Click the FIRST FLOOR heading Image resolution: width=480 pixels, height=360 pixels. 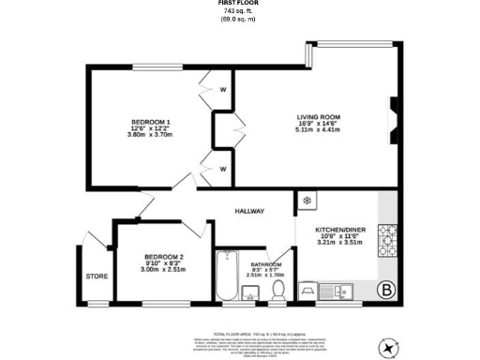tap(239, 3)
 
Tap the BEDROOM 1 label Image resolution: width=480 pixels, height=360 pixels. tap(150, 122)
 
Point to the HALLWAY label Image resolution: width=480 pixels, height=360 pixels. tap(249, 211)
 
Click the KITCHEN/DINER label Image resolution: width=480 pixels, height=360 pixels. tap(339, 230)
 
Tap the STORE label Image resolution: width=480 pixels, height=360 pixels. tap(97, 277)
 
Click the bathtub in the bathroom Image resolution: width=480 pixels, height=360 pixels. tap(227, 277)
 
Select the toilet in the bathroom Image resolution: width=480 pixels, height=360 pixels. tap(277, 292)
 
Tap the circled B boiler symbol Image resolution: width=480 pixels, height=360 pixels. tap(384, 289)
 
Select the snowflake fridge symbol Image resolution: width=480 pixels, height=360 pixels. tap(307, 201)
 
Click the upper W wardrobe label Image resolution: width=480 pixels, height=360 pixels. tap(223, 91)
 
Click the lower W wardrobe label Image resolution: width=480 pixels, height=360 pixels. tap(223, 169)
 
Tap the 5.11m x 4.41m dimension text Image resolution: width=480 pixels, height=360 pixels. tap(318, 130)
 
